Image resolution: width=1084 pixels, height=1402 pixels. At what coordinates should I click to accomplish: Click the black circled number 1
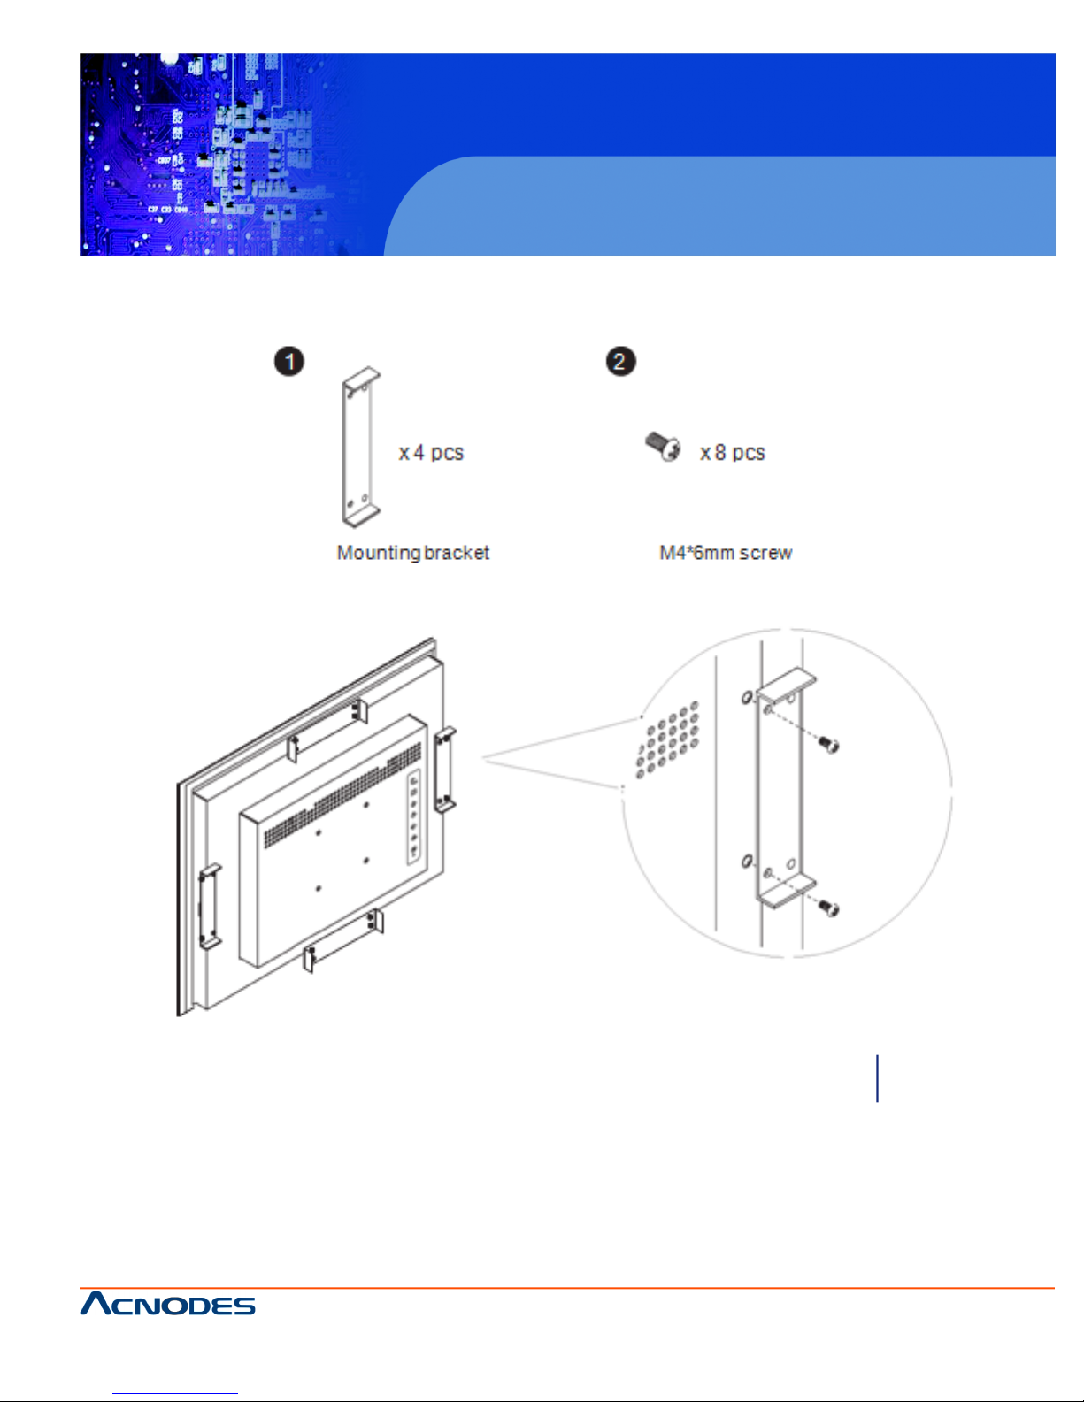click(288, 361)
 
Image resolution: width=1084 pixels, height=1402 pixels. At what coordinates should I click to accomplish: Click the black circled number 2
click(620, 361)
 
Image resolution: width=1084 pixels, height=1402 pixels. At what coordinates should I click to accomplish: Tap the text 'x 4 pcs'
click(431, 453)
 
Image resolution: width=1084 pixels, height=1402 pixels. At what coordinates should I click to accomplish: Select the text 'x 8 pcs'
click(732, 453)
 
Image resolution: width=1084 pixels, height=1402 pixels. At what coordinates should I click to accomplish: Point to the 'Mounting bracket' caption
click(412, 553)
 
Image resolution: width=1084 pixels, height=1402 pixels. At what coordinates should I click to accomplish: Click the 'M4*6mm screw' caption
click(726, 553)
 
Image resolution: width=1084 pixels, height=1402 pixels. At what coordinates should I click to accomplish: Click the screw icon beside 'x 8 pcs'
click(663, 447)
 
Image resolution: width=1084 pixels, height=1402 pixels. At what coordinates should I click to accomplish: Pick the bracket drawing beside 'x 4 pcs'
click(360, 448)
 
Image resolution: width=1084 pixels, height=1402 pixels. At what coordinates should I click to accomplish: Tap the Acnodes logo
click(168, 1304)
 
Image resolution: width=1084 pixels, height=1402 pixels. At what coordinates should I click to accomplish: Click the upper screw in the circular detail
click(827, 745)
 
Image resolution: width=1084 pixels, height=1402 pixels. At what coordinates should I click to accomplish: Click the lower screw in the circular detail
click(828, 907)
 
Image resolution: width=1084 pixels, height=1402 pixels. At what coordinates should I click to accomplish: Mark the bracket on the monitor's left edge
click(210, 906)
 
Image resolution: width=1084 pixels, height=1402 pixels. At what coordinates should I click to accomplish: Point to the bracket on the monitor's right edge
click(445, 769)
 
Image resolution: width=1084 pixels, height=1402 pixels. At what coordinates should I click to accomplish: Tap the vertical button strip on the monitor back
click(413, 816)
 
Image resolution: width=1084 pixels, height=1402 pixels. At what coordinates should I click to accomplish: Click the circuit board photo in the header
click(221, 155)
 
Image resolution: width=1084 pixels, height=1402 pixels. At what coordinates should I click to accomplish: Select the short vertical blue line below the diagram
click(877, 1078)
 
